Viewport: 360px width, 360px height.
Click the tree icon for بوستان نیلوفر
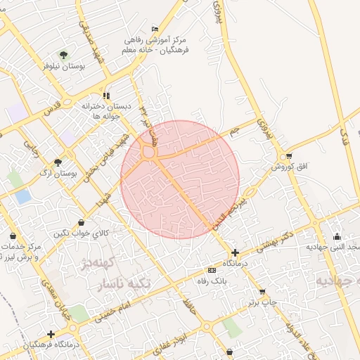click(x=64, y=54)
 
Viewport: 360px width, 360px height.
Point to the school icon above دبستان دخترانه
click(x=106, y=96)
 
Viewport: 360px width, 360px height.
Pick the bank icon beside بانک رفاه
click(x=212, y=271)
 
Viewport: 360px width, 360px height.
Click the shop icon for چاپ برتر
click(x=262, y=292)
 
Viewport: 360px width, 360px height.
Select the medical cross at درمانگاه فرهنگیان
click(x=50, y=334)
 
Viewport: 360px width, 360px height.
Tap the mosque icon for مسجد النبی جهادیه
click(x=337, y=236)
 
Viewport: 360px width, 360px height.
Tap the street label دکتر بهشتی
click(x=266, y=240)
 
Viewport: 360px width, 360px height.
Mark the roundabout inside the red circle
click(x=148, y=151)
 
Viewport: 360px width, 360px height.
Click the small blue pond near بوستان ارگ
click(x=23, y=196)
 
